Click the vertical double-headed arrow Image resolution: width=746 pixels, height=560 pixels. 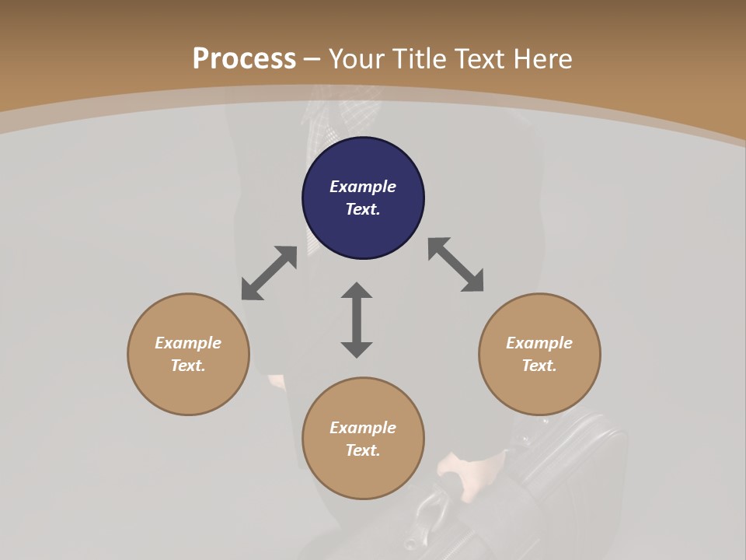point(357,320)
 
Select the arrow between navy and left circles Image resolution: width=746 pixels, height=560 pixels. point(269,273)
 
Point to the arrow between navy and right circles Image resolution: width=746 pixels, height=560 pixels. point(455,264)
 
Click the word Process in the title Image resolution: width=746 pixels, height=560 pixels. point(244,58)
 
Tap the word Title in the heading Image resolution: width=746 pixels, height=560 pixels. point(420,58)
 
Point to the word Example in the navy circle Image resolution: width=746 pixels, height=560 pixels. point(363,187)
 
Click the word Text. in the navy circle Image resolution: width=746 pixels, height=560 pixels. point(363,209)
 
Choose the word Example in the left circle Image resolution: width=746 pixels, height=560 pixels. point(188,343)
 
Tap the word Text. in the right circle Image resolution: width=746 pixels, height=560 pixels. point(539,366)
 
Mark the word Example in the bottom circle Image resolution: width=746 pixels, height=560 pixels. point(363,428)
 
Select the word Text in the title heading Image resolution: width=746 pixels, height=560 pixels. point(479,58)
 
